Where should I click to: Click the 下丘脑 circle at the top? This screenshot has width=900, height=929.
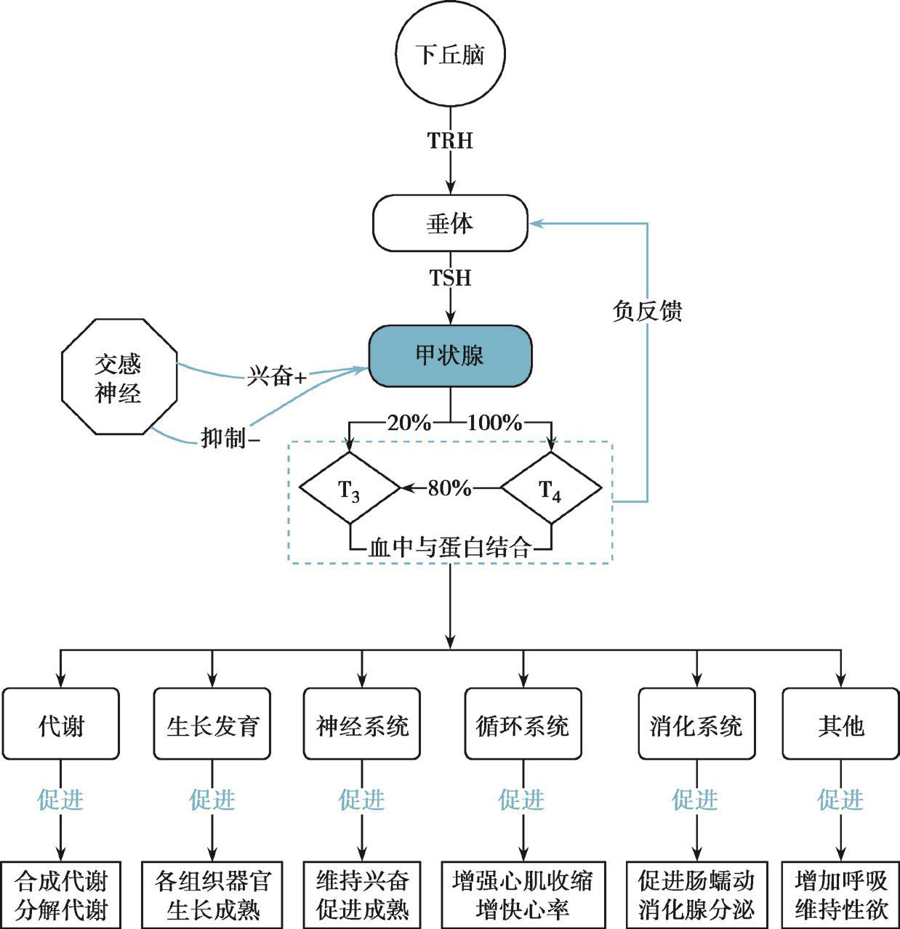[450, 55]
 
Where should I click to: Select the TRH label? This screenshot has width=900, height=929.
[450, 140]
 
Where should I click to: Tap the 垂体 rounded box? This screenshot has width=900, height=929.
[450, 223]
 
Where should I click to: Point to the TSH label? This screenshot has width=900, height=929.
[450, 277]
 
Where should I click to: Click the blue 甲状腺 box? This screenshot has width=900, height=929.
[450, 356]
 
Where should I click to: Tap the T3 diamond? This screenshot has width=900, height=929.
[350, 488]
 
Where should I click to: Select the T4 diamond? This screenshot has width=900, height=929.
[550, 488]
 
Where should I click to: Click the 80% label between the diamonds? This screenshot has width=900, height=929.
[449, 488]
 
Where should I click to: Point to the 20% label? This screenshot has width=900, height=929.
[409, 422]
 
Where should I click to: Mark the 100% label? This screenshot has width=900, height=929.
[494, 422]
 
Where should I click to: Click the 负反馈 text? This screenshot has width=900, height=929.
[647, 312]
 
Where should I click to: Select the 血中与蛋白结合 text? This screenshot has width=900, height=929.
[450, 547]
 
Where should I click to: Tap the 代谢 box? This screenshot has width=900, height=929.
[61, 724]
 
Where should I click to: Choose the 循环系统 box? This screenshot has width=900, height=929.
[523, 724]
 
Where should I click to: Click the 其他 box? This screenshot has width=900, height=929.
[840, 724]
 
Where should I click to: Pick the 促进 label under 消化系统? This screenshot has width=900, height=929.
[696, 800]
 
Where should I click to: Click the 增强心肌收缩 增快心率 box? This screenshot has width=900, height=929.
[523, 895]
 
